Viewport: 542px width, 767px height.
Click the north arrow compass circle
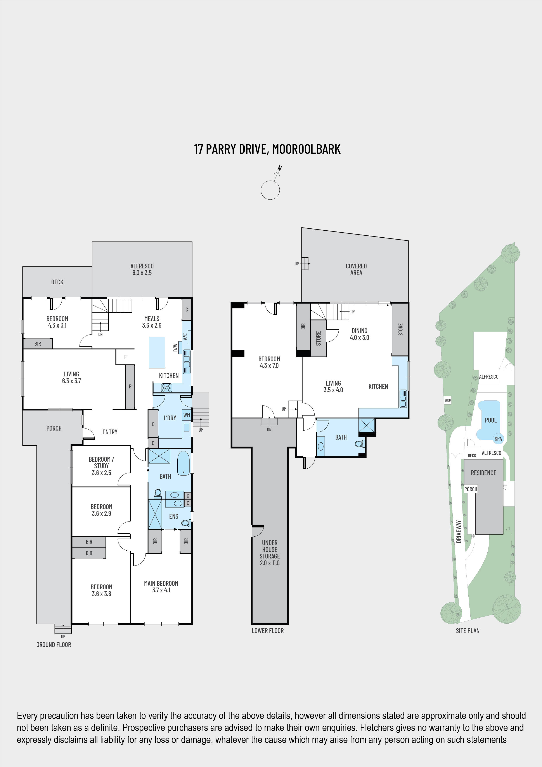270,190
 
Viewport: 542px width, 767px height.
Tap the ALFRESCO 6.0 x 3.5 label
142,269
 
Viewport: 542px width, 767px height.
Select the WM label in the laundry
186,415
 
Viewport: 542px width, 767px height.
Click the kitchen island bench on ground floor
157,352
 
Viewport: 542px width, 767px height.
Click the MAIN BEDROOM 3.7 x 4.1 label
161,587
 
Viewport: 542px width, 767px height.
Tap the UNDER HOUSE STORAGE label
270,553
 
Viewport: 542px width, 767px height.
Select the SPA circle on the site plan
498,439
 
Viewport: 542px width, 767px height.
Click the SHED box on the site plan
447,400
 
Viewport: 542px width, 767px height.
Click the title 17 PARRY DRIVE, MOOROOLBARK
267,149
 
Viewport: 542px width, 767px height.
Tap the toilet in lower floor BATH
359,444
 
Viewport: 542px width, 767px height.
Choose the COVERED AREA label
356,269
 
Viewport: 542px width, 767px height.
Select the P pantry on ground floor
130,386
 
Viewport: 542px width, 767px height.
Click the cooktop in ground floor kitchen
166,388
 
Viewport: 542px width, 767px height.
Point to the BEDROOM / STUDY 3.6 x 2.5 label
101,466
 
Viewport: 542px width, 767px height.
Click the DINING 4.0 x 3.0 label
359,334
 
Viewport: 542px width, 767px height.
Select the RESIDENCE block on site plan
483,473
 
